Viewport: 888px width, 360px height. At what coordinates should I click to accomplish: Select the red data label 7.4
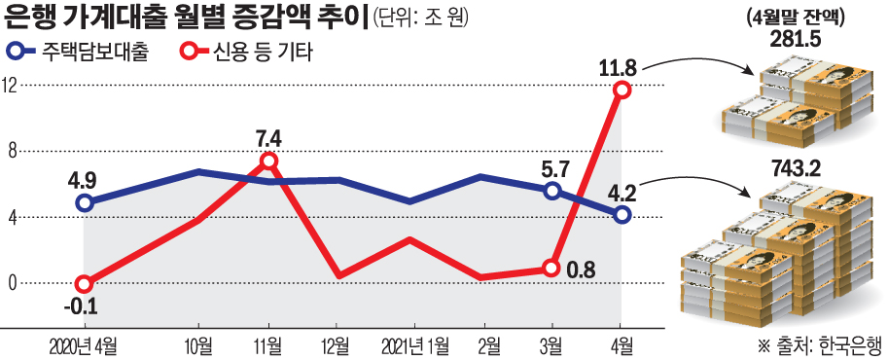(x=268, y=136)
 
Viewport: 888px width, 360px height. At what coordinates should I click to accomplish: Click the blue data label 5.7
(x=551, y=167)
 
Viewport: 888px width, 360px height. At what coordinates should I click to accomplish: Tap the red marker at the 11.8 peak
(x=622, y=90)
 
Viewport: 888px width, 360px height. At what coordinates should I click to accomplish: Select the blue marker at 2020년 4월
(x=85, y=202)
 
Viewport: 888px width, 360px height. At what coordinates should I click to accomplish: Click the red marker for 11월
(x=269, y=161)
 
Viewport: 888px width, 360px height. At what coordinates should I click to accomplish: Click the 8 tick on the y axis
(x=14, y=151)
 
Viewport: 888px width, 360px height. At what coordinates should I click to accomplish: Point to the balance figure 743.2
(x=794, y=169)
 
